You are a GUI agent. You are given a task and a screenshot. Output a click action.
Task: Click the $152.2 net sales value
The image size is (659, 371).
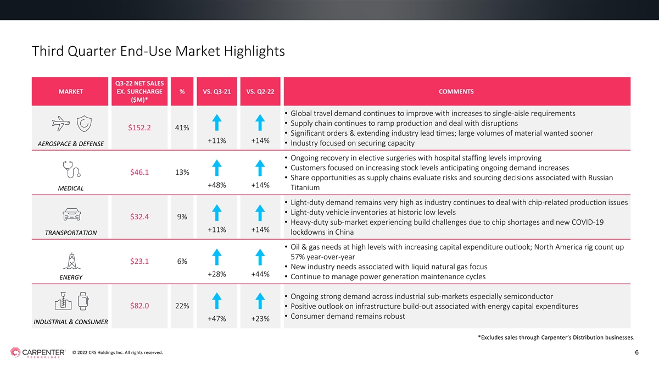139,128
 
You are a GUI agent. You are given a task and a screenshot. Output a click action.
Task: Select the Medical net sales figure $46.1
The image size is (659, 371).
139,172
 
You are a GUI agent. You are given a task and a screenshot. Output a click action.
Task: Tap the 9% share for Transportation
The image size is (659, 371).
182,217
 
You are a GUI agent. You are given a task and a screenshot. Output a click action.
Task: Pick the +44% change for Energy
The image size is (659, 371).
260,274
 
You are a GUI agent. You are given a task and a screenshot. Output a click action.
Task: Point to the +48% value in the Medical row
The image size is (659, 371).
217,185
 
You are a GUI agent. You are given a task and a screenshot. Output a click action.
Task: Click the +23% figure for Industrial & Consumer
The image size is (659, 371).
260,319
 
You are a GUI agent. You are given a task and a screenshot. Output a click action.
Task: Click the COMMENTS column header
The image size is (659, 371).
456,92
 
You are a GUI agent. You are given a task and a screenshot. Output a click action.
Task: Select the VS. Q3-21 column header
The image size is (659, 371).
217,92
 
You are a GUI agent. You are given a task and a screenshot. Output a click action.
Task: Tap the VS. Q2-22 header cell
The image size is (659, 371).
260,92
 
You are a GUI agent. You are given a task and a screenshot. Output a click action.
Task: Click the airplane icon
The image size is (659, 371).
61,124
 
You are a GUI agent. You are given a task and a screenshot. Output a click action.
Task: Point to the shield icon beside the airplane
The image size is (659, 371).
84,124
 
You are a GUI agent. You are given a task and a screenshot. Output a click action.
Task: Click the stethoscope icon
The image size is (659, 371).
71,169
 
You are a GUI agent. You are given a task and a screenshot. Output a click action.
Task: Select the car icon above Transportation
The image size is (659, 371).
71,214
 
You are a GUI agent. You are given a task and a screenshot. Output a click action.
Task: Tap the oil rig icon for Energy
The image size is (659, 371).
71,261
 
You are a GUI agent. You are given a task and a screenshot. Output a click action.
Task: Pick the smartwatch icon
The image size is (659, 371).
83,301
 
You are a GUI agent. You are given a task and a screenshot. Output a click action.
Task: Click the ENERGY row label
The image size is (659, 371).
71,278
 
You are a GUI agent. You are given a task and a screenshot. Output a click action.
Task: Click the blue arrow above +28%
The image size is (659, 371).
217,257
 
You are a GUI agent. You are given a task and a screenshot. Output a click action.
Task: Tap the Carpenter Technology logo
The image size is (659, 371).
38,352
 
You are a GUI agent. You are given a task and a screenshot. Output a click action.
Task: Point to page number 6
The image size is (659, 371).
636,352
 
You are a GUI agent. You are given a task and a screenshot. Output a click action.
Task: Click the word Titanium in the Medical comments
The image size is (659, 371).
305,187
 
